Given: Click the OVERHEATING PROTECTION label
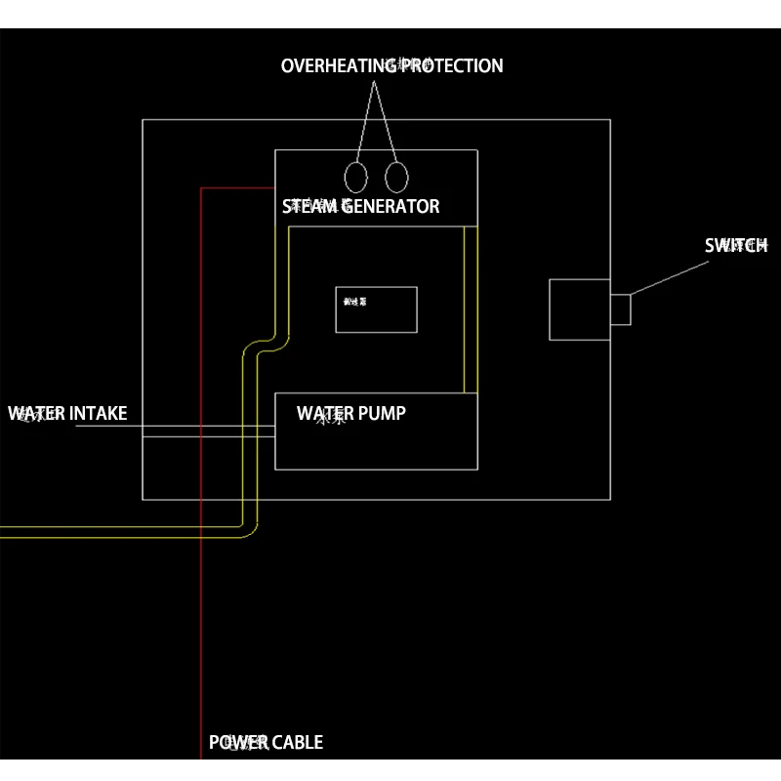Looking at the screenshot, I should coord(391,66).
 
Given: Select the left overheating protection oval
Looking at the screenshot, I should coord(356,178).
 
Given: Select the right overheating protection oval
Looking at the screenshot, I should coord(395,178).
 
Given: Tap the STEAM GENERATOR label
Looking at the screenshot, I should coord(361,207).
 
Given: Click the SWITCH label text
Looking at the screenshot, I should coord(736,246).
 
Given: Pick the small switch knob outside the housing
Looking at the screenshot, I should coord(621,309).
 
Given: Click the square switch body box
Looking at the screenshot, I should coord(579,309).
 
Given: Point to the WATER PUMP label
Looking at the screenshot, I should coord(351,414).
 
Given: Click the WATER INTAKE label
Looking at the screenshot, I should coord(67,414).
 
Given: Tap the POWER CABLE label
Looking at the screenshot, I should coord(266,743).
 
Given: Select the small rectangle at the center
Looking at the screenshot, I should coord(376,309).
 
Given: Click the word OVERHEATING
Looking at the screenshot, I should coord(337,66).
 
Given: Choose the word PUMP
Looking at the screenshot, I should coord(380,414).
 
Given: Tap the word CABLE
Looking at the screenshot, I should coord(295,743).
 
